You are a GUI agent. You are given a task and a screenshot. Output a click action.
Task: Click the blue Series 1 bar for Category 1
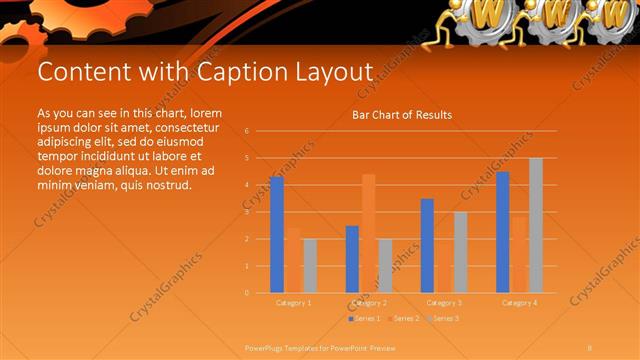(x=277, y=235)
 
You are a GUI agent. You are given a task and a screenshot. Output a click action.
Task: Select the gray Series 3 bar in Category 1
(x=310, y=266)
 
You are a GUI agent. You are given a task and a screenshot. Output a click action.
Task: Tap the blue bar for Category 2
(x=352, y=259)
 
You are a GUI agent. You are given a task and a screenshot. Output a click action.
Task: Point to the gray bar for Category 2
(x=385, y=266)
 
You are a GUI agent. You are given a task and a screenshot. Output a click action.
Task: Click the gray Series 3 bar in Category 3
(x=460, y=252)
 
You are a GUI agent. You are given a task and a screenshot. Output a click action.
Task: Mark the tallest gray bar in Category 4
(x=535, y=225)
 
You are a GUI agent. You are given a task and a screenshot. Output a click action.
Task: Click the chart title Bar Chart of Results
(x=402, y=115)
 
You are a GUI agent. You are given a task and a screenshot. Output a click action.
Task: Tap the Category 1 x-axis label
(x=293, y=302)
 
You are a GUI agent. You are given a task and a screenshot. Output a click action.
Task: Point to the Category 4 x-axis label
(x=518, y=302)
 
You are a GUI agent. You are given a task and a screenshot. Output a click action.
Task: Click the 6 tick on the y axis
(x=246, y=131)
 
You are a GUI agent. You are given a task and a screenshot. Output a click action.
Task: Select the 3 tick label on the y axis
(x=246, y=212)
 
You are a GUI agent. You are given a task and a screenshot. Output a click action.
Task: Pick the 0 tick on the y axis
(x=246, y=293)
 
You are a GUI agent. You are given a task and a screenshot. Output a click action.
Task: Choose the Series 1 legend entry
(x=364, y=318)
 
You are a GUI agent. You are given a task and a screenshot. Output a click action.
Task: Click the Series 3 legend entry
(x=443, y=318)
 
